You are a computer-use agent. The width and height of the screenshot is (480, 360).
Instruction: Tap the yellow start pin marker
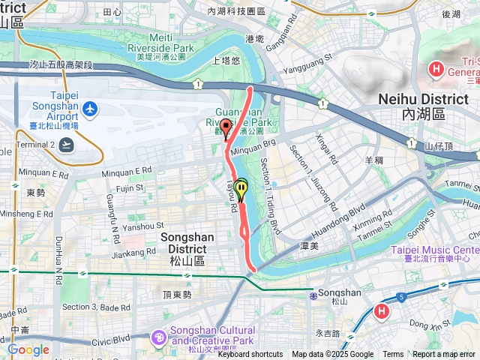point(241,187)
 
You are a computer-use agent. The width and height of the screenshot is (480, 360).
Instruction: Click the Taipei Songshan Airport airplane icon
point(91,109)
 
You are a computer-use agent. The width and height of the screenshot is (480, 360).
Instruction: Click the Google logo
point(28,349)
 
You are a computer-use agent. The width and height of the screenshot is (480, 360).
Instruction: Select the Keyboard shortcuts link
point(250,355)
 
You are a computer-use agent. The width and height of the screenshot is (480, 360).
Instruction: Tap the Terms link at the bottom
point(393,355)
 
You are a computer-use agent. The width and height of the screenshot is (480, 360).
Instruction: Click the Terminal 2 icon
point(68,145)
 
